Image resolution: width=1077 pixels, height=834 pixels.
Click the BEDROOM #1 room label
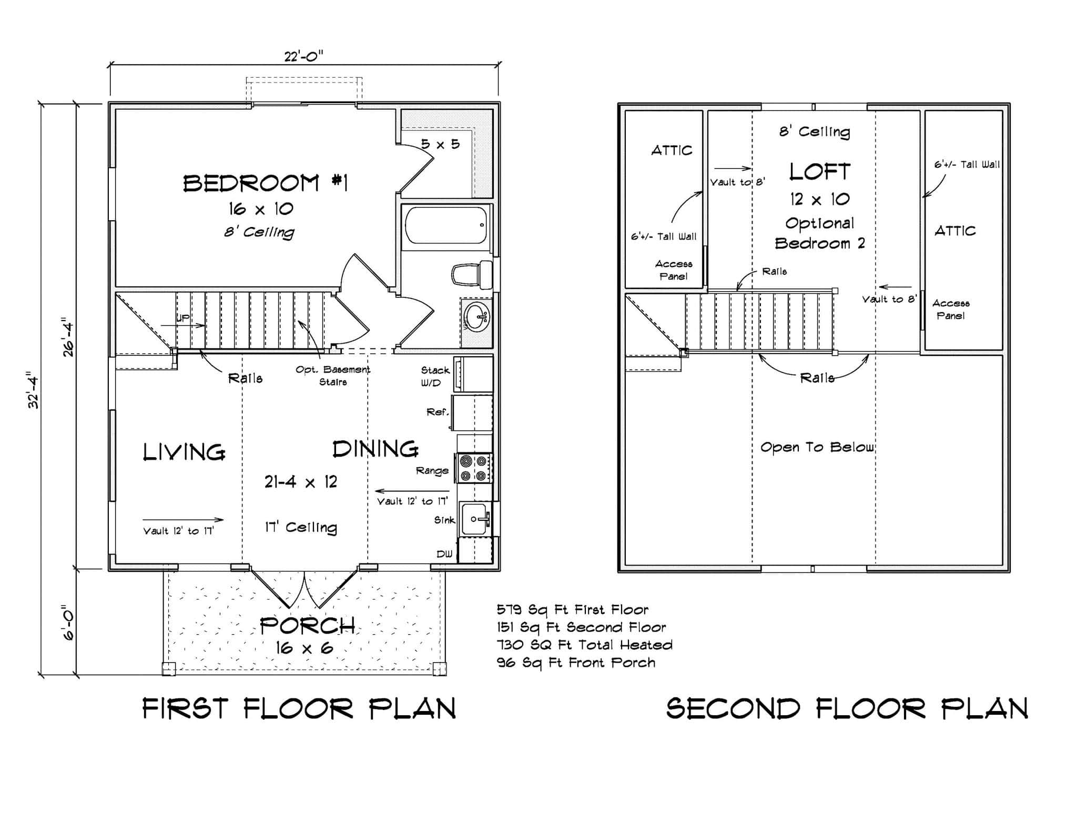tap(265, 183)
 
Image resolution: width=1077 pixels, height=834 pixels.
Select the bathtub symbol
tap(446, 225)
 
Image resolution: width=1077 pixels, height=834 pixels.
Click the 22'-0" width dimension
tap(303, 56)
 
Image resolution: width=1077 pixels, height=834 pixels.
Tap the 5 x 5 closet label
tap(441, 143)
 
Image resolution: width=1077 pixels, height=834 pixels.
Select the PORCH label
tap(307, 625)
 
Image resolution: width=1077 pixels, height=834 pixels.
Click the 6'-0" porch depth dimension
tap(69, 623)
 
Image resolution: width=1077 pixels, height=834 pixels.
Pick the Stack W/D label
tap(435, 376)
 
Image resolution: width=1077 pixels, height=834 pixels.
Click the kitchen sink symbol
tap(474, 519)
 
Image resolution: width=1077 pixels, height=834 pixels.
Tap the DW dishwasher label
tap(444, 554)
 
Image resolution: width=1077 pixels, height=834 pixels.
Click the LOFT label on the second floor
tap(819, 172)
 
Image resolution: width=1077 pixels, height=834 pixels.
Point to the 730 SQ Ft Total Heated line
tap(584, 645)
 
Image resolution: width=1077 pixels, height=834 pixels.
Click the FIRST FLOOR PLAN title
tap(299, 708)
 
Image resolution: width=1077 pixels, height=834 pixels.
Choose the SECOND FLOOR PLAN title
tap(847, 708)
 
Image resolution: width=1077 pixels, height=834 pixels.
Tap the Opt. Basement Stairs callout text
tap(332, 375)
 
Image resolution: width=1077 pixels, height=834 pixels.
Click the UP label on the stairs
tap(182, 318)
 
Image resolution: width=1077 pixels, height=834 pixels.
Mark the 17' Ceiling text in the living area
tap(300, 527)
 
